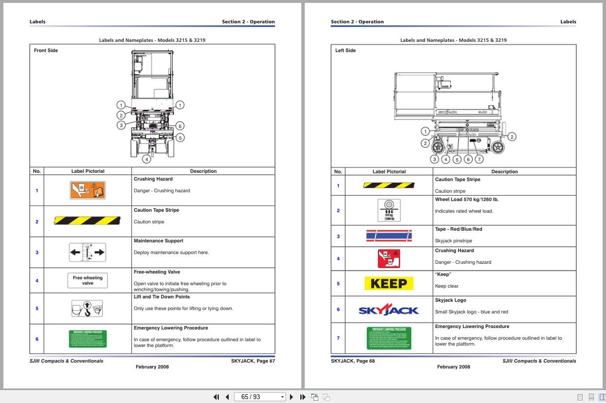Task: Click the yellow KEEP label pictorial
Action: pos(388,283)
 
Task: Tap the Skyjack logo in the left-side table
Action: pos(388,310)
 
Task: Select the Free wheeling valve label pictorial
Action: pos(88,280)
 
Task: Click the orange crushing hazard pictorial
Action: pos(88,190)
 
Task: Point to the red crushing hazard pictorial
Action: pos(388,258)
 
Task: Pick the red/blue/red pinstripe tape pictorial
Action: pos(388,236)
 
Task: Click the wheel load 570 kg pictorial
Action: pos(389,210)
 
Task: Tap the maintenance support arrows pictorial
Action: pos(88,252)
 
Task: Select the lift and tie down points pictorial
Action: pos(88,308)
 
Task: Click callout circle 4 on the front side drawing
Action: pos(147,159)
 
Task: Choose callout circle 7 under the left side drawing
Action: pos(479,159)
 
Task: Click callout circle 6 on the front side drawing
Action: pos(180,126)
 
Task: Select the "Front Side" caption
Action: pos(46,51)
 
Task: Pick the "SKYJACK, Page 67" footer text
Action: pos(253,361)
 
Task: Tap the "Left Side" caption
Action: pos(346,51)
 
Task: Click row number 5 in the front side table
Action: pos(37,308)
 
